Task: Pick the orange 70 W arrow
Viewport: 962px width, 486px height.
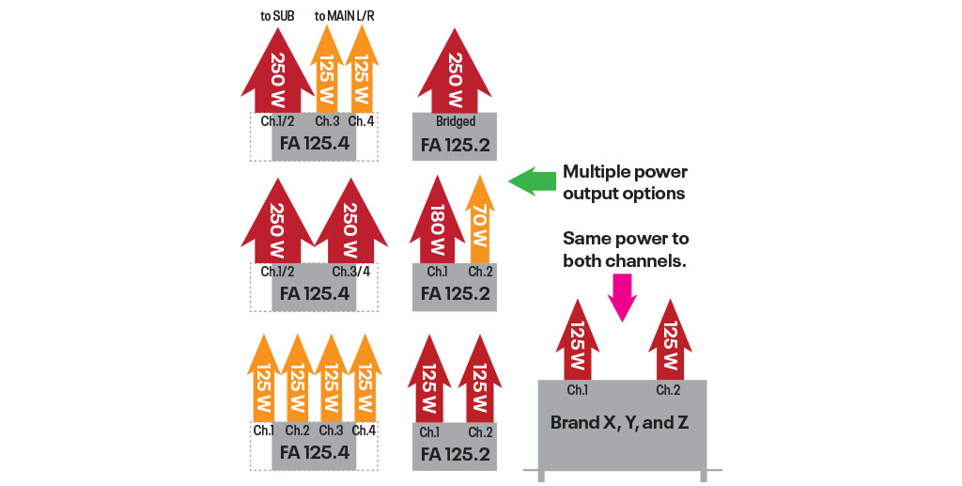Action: click(x=479, y=221)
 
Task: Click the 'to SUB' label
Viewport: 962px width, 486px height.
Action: click(x=277, y=15)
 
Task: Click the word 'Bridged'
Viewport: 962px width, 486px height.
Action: click(x=455, y=121)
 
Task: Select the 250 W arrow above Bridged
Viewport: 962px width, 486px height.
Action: click(x=455, y=71)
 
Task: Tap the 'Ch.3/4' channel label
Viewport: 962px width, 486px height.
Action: click(x=352, y=272)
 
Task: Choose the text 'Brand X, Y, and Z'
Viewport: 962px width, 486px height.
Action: click(x=619, y=422)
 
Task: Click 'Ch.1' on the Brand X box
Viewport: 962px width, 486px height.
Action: click(x=578, y=390)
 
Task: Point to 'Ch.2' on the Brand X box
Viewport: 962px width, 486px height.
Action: click(x=668, y=390)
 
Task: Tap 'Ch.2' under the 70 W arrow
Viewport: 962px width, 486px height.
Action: click(x=480, y=272)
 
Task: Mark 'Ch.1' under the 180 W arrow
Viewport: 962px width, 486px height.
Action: click(x=438, y=272)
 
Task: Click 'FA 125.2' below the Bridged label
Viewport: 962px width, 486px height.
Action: click(x=455, y=146)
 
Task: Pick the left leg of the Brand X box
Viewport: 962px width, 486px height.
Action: click(x=542, y=475)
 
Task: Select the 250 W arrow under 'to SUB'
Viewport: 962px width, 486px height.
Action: click(x=277, y=71)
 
